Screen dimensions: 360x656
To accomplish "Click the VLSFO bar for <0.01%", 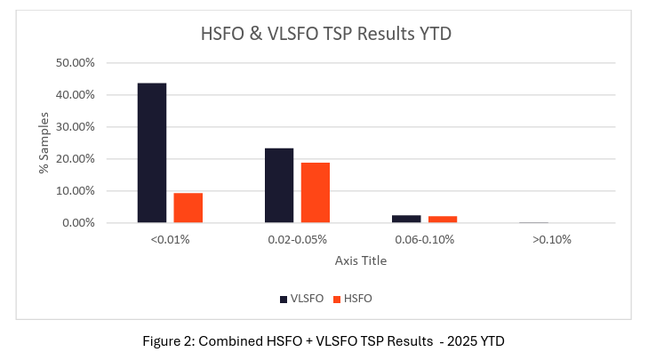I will [151, 153].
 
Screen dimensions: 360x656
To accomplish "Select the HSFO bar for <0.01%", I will [188, 208].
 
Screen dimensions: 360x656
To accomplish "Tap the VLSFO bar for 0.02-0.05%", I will [279, 185].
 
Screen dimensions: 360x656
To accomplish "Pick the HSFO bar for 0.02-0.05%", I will [316, 193].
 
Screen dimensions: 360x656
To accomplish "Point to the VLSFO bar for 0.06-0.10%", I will [407, 219].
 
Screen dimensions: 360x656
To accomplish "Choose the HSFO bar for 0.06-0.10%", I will [443, 220].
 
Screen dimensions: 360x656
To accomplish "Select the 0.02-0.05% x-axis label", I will [296, 239].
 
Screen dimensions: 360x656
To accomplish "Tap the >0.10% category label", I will [551, 239].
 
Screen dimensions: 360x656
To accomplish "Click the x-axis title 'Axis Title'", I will [360, 261].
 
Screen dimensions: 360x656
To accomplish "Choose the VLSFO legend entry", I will [300, 299].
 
